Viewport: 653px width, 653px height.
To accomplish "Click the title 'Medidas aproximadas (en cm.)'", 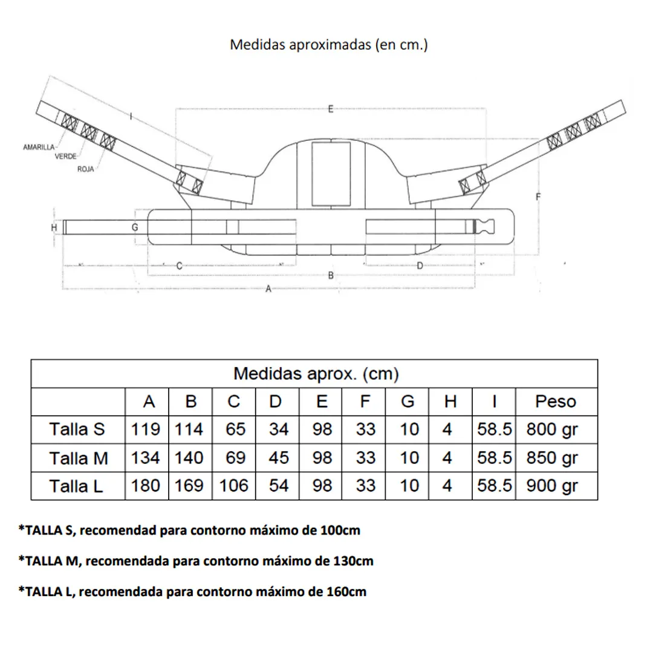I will pyautogui.click(x=329, y=45).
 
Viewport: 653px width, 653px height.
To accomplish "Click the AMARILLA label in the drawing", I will pyautogui.click(x=39, y=147).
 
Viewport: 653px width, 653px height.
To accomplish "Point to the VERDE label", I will pyautogui.click(x=65, y=156).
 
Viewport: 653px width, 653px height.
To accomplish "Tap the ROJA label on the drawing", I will pyautogui.click(x=85, y=169).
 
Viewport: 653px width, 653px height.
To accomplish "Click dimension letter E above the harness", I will pyautogui.click(x=331, y=109).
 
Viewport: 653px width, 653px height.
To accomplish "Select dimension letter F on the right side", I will pyautogui.click(x=538, y=197).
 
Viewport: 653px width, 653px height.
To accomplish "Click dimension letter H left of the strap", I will pyautogui.click(x=54, y=227).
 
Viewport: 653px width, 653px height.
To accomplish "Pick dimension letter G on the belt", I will pyautogui.click(x=135, y=227).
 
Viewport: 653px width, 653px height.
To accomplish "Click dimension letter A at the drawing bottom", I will pyautogui.click(x=268, y=289).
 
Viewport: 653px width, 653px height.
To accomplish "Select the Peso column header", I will pyautogui.click(x=556, y=401).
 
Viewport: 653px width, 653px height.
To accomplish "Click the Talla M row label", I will pyautogui.click(x=79, y=458).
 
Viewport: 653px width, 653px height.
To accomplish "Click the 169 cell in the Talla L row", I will pyautogui.click(x=190, y=486).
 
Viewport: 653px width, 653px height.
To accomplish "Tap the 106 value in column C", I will pyautogui.click(x=234, y=486).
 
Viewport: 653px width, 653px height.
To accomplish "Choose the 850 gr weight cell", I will pyautogui.click(x=552, y=458).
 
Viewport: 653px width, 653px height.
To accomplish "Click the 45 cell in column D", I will pyautogui.click(x=278, y=458).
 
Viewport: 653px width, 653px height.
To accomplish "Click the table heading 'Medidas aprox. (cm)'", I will pyautogui.click(x=316, y=374).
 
